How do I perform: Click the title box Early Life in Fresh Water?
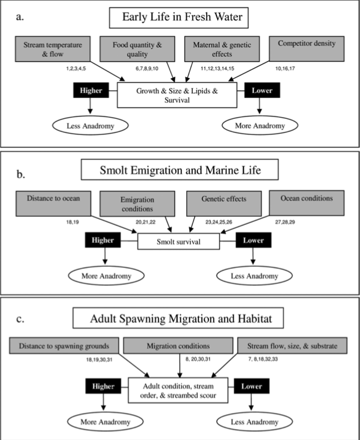click(x=179, y=18)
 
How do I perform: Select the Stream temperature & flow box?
click(x=53, y=49)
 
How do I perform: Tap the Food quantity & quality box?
click(x=137, y=49)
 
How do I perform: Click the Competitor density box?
click(x=307, y=49)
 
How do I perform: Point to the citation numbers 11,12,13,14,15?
click(x=217, y=68)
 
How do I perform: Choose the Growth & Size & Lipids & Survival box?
click(x=177, y=95)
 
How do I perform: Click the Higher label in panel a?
click(x=91, y=91)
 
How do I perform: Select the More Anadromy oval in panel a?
click(x=260, y=126)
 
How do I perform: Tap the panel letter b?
click(x=20, y=174)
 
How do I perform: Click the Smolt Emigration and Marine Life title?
click(x=180, y=169)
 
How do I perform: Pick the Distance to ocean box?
click(x=53, y=203)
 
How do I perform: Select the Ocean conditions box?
click(x=307, y=203)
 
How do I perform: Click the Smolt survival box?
click(x=178, y=242)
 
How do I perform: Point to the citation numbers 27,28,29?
click(x=285, y=222)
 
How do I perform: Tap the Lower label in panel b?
click(x=253, y=240)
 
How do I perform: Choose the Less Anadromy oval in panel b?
click(x=254, y=276)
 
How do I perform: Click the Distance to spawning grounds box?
click(x=64, y=346)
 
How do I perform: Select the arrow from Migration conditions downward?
click(x=180, y=365)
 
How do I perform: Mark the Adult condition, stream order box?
click(x=178, y=390)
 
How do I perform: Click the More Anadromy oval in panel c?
click(x=105, y=422)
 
